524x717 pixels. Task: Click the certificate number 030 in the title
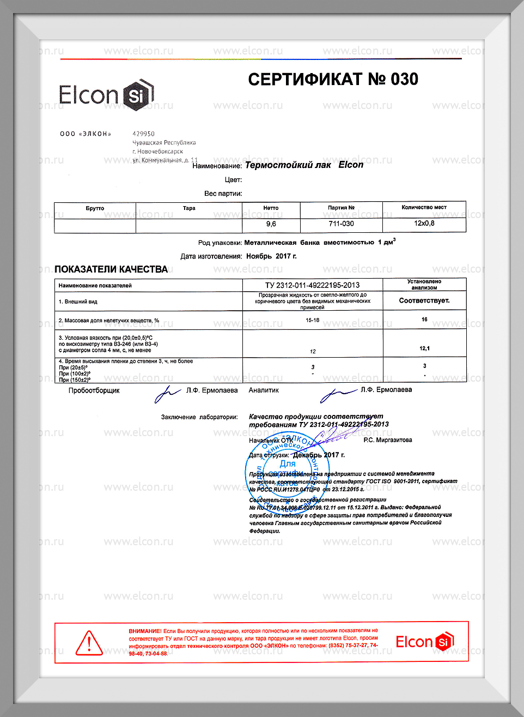pos(404,80)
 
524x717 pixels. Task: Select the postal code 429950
pos(144,134)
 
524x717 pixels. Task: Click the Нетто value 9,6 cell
pos(271,224)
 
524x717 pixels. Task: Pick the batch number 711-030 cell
pos(342,224)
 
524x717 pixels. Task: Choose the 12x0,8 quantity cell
pos(424,224)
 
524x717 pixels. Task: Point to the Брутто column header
pos(95,208)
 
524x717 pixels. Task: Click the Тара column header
pos(189,208)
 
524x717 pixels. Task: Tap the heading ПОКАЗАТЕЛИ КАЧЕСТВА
pos(111,269)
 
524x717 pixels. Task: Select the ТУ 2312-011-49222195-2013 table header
pos(312,285)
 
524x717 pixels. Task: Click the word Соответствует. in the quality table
pos(424,300)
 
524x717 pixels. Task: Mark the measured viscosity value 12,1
pos(424,348)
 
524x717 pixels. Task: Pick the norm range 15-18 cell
pos(312,320)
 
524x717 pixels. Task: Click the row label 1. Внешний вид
pos(78,302)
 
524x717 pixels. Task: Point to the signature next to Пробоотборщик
pos(167,393)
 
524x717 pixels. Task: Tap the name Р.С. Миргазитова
pos(388,440)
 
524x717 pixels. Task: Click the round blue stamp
pos(282,469)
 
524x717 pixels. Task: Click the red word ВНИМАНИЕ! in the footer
pos(145,631)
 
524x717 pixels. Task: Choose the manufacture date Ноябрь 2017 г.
pos(271,256)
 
